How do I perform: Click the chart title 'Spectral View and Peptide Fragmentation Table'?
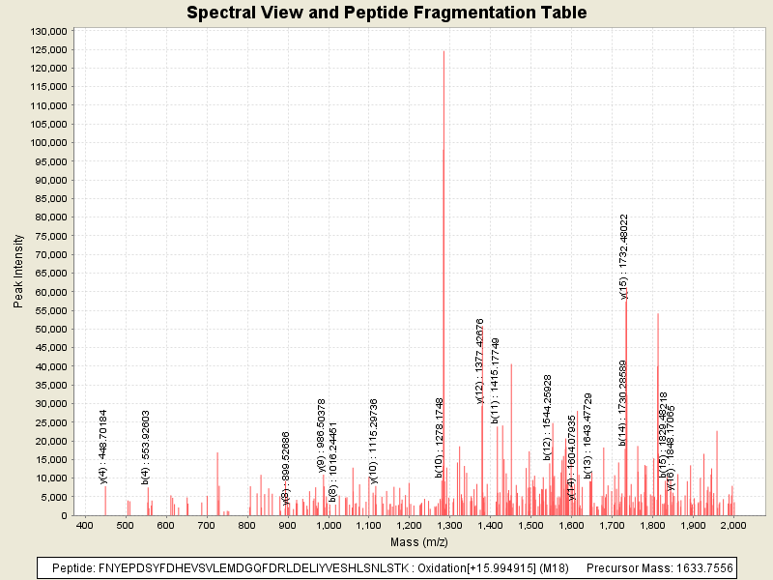pyautogui.click(x=386, y=13)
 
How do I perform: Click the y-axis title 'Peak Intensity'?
pyautogui.click(x=18, y=274)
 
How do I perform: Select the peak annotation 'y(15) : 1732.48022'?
pyautogui.click(x=624, y=256)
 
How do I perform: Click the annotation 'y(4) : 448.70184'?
pyautogui.click(x=103, y=446)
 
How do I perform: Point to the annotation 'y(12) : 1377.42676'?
pyautogui.click(x=480, y=361)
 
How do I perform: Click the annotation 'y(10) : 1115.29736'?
pyautogui.click(x=374, y=440)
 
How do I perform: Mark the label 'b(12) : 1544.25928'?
pyautogui.click(x=548, y=417)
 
